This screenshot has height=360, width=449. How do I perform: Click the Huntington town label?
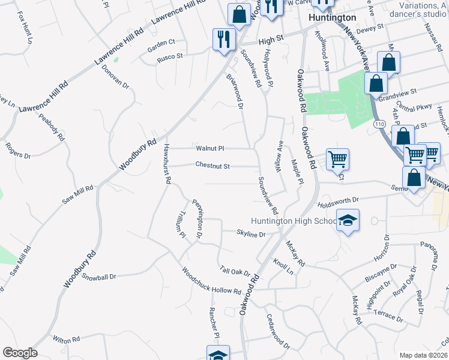[331, 18]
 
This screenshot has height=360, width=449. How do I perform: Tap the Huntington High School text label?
[294, 221]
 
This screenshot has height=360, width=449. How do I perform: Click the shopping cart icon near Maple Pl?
[337, 160]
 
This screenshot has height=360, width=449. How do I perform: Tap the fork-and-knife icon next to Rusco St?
[223, 40]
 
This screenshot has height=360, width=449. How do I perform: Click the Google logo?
[20, 353]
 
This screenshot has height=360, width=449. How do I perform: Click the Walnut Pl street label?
[209, 148]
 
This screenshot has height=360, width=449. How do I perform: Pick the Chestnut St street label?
[212, 166]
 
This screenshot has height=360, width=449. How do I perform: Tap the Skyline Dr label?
[251, 233]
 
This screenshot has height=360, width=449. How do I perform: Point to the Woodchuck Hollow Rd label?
[211, 280]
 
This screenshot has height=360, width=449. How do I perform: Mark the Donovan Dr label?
[115, 76]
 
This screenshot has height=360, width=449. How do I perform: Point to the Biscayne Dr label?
[380, 274]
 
